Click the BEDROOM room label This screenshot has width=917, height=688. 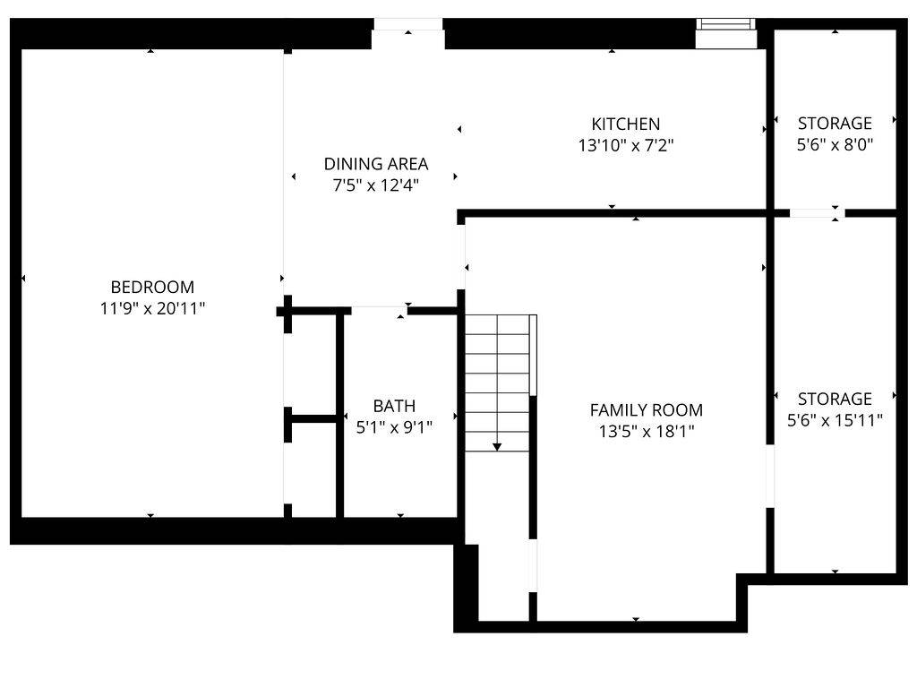point(152,288)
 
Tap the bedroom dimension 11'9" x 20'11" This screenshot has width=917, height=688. point(152,308)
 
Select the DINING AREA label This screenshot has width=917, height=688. point(376,164)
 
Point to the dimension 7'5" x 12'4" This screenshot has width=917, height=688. point(376,185)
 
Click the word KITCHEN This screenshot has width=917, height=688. point(625,125)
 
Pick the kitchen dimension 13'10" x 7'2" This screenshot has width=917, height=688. point(625,145)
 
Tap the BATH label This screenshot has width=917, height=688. point(394,406)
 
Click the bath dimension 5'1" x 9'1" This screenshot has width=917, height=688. point(394,427)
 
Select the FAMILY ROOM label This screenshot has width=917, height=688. point(646,410)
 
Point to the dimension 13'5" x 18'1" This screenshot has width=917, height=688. point(646,431)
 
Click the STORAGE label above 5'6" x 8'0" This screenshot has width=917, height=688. point(835,124)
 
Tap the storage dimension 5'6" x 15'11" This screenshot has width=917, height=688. point(835,419)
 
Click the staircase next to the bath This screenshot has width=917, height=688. point(498,381)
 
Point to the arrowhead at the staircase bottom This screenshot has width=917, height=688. point(497,446)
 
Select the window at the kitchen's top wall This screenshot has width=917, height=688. point(726,26)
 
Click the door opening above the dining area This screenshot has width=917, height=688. point(408,25)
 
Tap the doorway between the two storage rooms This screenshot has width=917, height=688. point(816,213)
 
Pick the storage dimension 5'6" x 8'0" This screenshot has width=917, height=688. point(835,143)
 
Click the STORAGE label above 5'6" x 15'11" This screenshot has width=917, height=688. point(835,399)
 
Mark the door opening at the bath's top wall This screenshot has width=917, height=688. point(379,310)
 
